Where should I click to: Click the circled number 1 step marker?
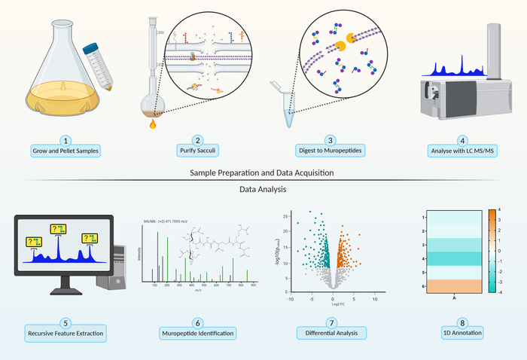tap(66, 140)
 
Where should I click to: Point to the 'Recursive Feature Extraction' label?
tap(65, 332)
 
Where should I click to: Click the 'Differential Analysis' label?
tap(330, 332)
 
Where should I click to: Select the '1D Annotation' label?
tap(462, 332)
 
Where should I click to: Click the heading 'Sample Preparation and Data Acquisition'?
tap(263, 173)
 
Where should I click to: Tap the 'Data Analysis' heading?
tap(263, 189)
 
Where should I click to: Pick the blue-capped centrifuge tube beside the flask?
tap(100, 60)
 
